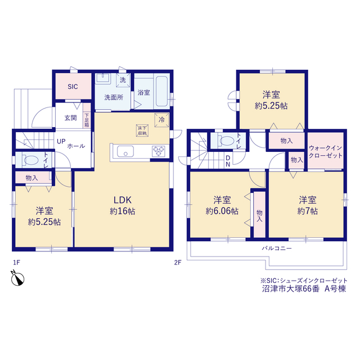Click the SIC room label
coord(73,87)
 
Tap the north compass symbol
coord(17,278)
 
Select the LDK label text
coord(123,200)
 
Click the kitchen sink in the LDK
coord(125,151)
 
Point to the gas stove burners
coord(159,151)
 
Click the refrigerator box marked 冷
coord(162,120)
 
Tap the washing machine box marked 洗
coord(123,80)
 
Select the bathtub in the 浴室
coord(162,91)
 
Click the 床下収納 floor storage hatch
coord(142,130)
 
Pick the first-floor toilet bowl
coord(31,160)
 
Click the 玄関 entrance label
coord(70,118)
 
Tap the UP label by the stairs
coord(61,141)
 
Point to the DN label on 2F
coord(228,161)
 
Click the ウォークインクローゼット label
coord(325,151)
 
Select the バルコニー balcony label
coord(277,249)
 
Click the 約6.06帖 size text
coord(222,211)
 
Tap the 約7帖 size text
coord(308,211)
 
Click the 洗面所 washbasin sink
coord(103,78)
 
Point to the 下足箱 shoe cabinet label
coord(87,120)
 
